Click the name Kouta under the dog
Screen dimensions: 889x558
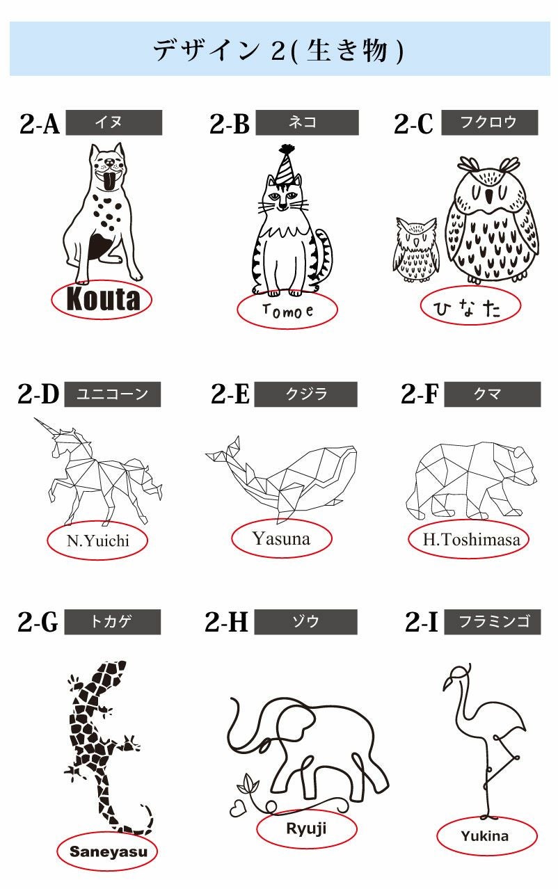click(x=102, y=299)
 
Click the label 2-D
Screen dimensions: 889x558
click(x=39, y=394)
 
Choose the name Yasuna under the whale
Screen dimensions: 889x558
click(x=281, y=538)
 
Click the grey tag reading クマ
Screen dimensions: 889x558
click(x=492, y=394)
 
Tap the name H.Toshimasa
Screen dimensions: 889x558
click(x=471, y=539)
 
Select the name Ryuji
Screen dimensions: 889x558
click(x=306, y=828)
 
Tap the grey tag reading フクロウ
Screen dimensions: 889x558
click(x=489, y=122)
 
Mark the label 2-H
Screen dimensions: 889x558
click(x=226, y=622)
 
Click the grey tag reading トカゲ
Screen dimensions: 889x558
click(x=112, y=622)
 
